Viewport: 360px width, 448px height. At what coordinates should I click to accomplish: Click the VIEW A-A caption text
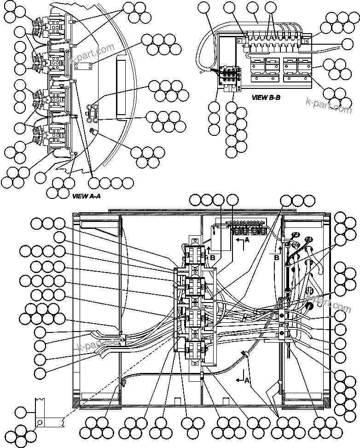pos(87,196)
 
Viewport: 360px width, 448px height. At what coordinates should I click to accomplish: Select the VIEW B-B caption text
pos(266,98)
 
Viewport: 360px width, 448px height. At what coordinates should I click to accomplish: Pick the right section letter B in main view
pos(277,258)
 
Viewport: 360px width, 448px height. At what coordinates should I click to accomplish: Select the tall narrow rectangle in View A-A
pos(122,87)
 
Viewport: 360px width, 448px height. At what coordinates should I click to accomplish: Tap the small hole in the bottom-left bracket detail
pos(40,422)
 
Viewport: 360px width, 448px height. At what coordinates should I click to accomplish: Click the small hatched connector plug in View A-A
pos(93,131)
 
